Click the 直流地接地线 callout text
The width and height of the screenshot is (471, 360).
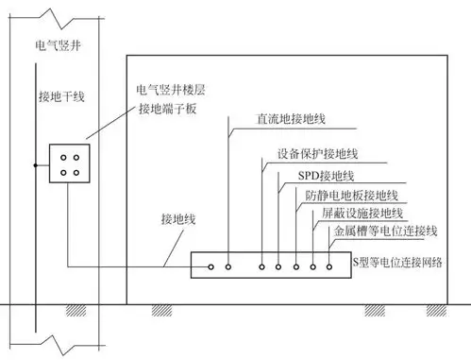click(x=292, y=121)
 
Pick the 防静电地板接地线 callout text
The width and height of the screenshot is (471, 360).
click(x=352, y=196)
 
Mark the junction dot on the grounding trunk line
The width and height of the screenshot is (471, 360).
click(x=35, y=166)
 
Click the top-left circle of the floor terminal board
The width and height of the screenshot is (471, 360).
click(x=63, y=159)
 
